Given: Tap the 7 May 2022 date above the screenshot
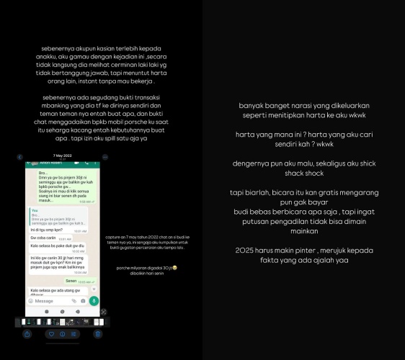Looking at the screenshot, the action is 63,156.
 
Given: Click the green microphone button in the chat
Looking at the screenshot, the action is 94,300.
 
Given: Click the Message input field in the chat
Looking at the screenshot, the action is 50,300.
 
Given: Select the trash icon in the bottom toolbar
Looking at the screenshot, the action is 98,334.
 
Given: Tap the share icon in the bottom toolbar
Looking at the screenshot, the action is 27,334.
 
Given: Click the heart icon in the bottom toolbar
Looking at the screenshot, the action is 51,334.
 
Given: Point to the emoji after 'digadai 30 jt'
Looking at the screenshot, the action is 175,267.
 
